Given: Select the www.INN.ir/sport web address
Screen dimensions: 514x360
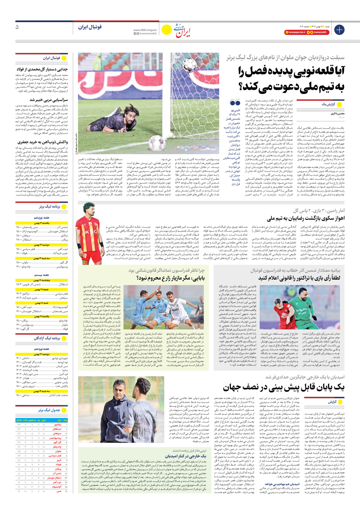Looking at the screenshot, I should [145, 30].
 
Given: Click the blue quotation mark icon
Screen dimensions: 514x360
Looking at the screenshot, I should [235, 103].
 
